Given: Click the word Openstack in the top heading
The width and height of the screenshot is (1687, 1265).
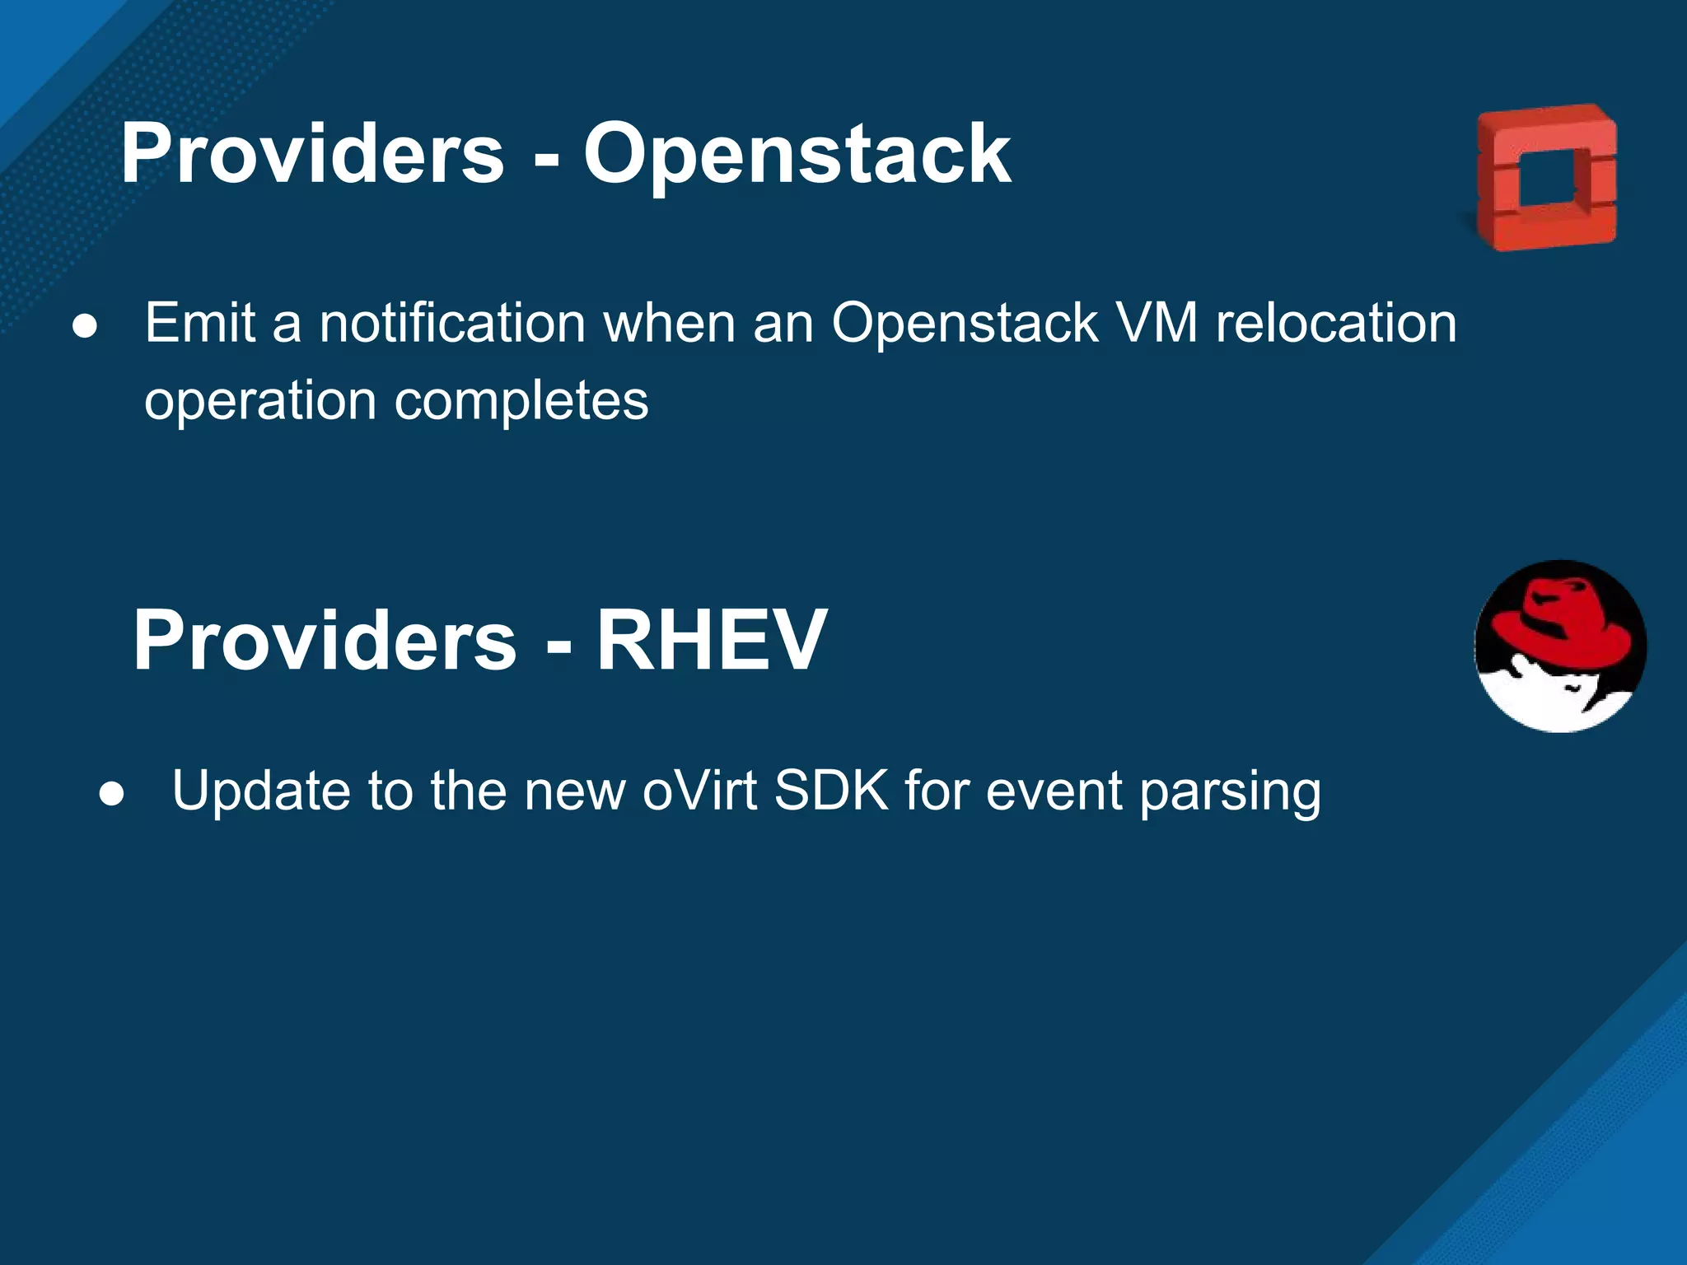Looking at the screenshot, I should [x=797, y=155].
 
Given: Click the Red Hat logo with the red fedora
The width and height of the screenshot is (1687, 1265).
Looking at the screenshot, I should [x=1560, y=647].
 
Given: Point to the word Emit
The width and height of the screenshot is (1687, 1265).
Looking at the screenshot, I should [x=200, y=323].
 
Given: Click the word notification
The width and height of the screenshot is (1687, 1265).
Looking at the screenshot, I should [x=452, y=323].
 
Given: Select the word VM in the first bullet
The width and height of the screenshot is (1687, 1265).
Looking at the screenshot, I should [x=1155, y=323].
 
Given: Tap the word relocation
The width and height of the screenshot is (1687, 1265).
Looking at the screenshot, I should [x=1336, y=323].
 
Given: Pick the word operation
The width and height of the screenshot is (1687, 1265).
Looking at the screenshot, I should [x=260, y=401].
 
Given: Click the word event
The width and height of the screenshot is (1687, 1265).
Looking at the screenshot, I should [x=1054, y=791].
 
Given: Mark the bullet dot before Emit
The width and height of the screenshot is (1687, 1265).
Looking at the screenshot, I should [x=85, y=326].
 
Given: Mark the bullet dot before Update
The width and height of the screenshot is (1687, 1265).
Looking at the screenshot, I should [x=111, y=794].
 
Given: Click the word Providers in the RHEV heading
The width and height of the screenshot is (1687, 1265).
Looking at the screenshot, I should [x=325, y=641].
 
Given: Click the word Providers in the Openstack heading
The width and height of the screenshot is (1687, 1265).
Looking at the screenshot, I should [x=312, y=155].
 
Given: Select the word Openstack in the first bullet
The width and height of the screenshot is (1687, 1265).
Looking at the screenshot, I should [x=965, y=323].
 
